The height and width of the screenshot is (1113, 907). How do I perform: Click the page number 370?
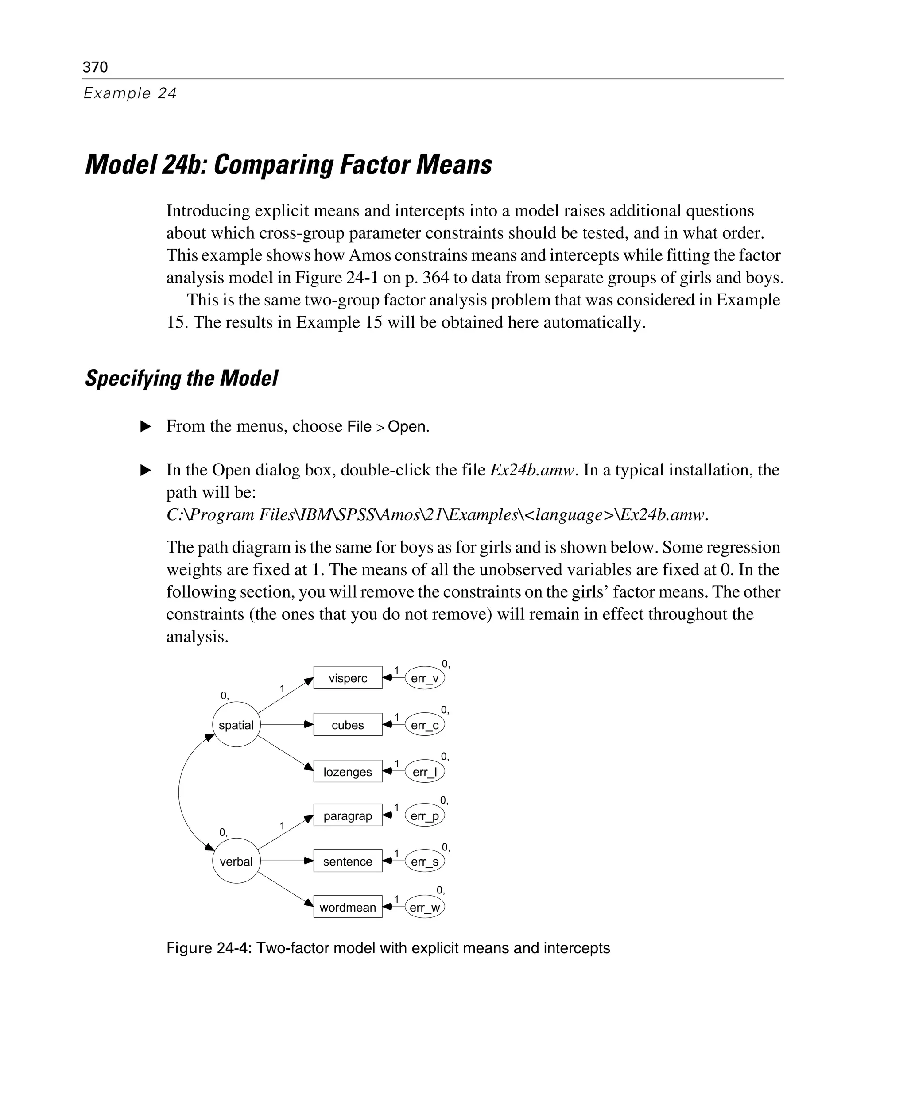tap(95, 67)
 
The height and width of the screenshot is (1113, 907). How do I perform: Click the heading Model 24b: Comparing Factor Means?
tap(288, 165)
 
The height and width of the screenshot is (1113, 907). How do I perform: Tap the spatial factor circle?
tap(236, 724)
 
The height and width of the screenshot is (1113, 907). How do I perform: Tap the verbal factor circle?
tap(236, 861)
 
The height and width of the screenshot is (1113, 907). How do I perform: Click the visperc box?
tap(348, 678)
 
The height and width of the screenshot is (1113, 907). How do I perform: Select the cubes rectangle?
tap(348, 724)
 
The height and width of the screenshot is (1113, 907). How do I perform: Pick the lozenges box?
tap(348, 771)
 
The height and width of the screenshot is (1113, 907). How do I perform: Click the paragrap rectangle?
tap(348, 815)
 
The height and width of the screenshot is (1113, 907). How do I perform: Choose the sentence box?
tap(348, 861)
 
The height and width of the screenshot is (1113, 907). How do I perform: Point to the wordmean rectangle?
tap(348, 907)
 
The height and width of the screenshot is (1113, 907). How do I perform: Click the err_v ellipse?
tap(425, 678)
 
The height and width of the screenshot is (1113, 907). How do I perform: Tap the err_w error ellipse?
tap(425, 907)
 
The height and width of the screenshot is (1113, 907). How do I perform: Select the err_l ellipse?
tap(425, 771)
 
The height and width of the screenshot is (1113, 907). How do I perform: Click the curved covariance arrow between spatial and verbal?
tap(179, 793)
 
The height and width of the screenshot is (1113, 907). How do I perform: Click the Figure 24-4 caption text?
tap(388, 948)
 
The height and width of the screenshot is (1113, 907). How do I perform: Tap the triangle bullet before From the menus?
tap(146, 426)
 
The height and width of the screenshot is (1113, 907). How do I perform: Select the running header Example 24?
tap(130, 93)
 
